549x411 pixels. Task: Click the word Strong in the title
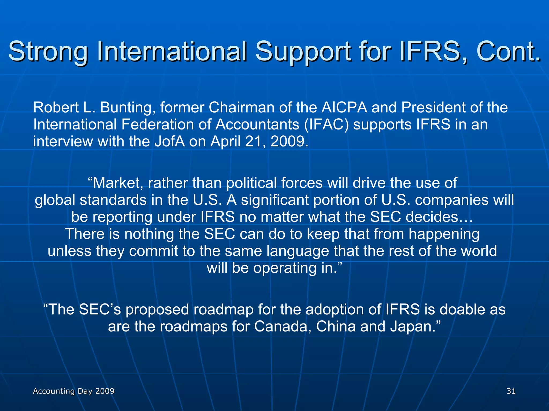[x=48, y=51]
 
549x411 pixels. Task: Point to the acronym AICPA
[x=344, y=108]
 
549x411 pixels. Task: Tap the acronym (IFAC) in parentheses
[x=327, y=125]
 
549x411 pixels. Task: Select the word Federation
[x=166, y=125]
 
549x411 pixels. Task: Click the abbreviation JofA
[x=170, y=142]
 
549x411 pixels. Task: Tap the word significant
[x=275, y=200]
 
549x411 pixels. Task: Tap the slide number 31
[x=511, y=391]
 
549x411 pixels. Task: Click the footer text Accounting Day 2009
[x=73, y=391]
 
